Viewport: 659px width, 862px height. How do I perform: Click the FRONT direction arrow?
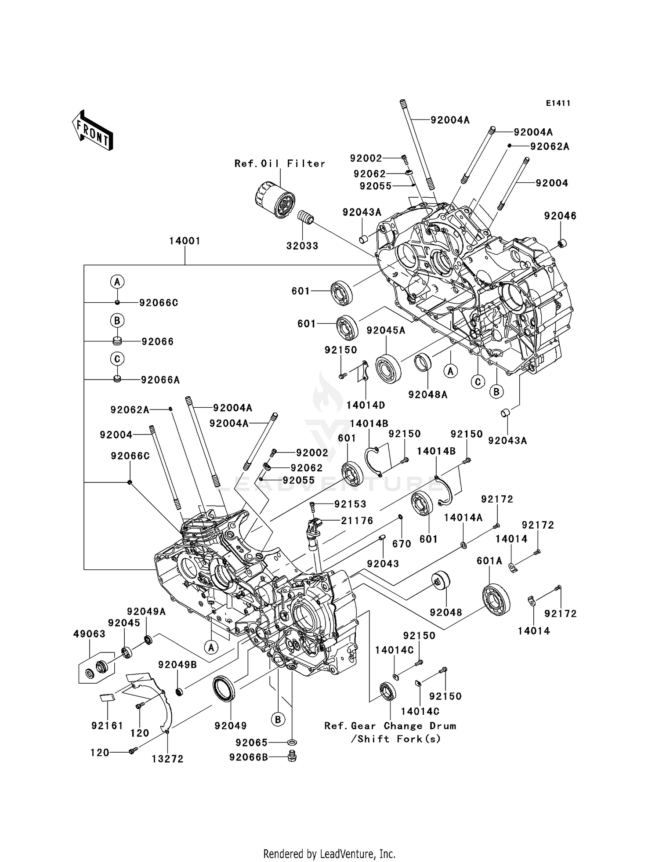click(93, 130)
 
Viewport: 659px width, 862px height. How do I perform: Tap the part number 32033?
click(302, 246)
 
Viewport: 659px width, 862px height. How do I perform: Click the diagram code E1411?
click(558, 103)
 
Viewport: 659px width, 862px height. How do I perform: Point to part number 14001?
click(185, 241)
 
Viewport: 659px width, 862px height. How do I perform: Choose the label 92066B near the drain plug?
click(248, 757)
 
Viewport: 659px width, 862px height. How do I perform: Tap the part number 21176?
click(357, 521)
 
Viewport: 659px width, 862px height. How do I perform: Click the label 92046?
click(560, 216)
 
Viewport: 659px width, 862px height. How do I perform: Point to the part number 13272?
click(167, 759)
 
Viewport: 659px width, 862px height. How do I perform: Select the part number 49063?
click(89, 634)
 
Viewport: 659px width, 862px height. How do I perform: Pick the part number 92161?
click(107, 725)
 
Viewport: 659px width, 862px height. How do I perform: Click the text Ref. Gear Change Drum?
click(390, 726)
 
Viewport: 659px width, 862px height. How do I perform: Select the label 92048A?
click(427, 395)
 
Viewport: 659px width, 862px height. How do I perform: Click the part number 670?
click(402, 544)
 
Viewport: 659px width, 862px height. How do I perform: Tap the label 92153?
click(350, 504)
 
